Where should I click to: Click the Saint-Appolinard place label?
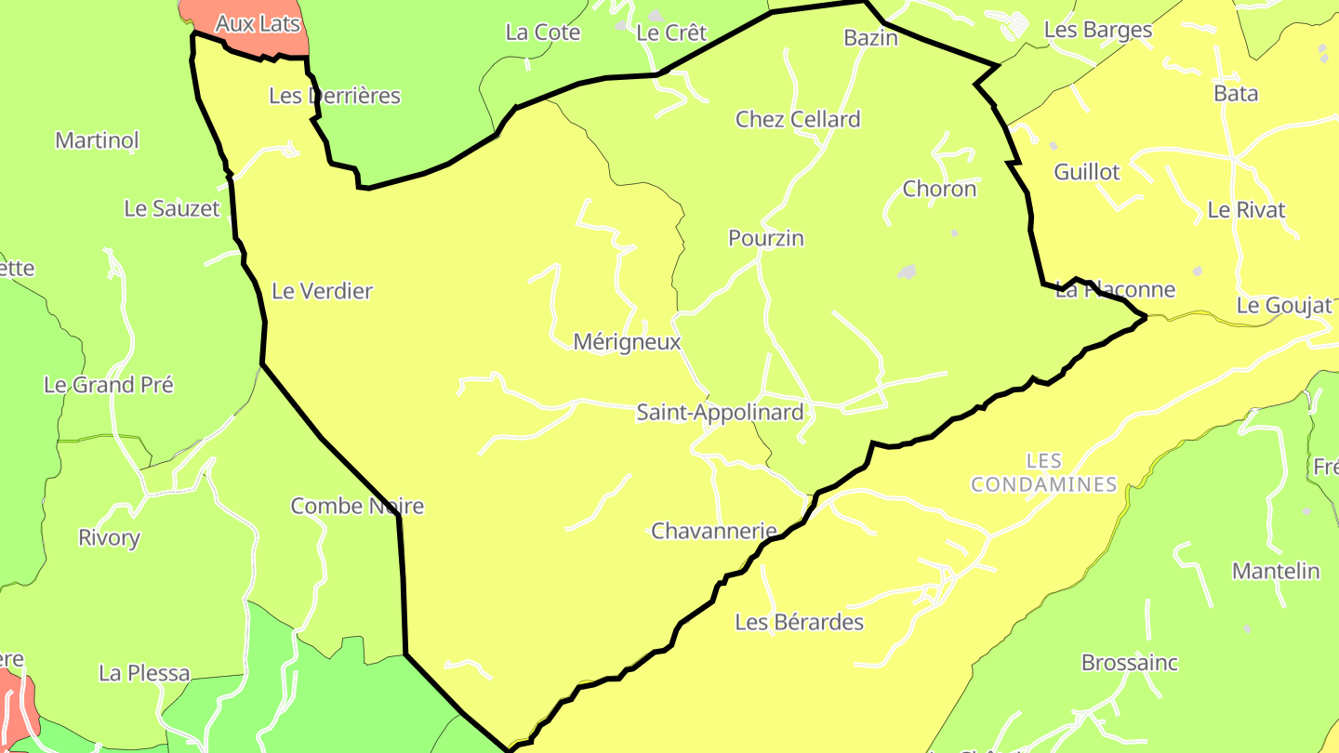click(x=720, y=412)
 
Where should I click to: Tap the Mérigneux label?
click(x=627, y=342)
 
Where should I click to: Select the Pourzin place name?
click(x=766, y=238)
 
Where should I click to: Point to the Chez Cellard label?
click(x=798, y=119)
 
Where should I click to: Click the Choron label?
click(x=940, y=189)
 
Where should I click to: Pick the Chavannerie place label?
click(x=714, y=531)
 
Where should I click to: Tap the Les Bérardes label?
click(x=800, y=622)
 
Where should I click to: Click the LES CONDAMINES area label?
click(x=1044, y=472)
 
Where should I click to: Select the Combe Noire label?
click(x=357, y=506)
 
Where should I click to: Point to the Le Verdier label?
click(x=322, y=291)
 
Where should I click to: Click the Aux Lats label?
click(x=258, y=23)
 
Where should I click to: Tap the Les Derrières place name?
click(x=335, y=95)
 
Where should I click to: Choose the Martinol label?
click(x=97, y=140)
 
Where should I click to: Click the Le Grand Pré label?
click(x=109, y=384)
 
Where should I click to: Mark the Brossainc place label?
click(x=1130, y=663)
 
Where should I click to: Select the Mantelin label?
click(x=1276, y=571)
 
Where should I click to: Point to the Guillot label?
click(x=1087, y=172)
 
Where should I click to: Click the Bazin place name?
click(x=871, y=37)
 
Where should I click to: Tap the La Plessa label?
click(x=144, y=672)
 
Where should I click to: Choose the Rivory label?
click(x=109, y=537)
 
